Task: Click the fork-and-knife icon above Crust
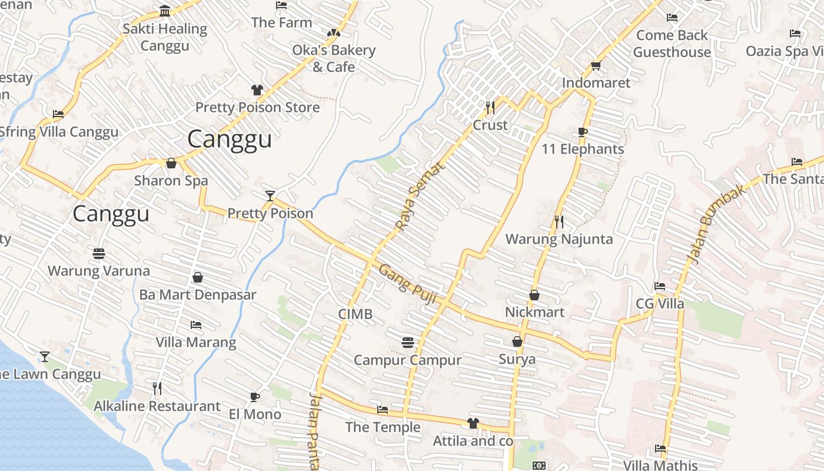click(x=490, y=108)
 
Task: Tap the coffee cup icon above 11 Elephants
click(x=582, y=132)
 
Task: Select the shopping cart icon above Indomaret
click(x=596, y=65)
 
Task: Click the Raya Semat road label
click(x=420, y=196)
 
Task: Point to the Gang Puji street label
click(x=407, y=284)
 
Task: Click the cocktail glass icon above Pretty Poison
click(x=270, y=195)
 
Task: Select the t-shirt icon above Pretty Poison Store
click(x=257, y=90)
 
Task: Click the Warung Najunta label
click(x=559, y=239)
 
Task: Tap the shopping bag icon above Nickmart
click(x=534, y=295)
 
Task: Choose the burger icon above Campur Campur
click(x=407, y=342)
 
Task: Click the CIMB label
click(x=355, y=314)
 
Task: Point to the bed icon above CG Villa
click(x=660, y=287)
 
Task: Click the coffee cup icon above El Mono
click(x=254, y=397)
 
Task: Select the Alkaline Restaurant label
click(x=157, y=406)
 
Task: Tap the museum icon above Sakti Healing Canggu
click(x=165, y=11)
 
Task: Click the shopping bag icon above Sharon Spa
click(x=171, y=163)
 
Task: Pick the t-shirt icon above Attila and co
click(x=473, y=423)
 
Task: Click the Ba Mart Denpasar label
click(x=198, y=294)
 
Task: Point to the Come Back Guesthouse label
click(x=672, y=44)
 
